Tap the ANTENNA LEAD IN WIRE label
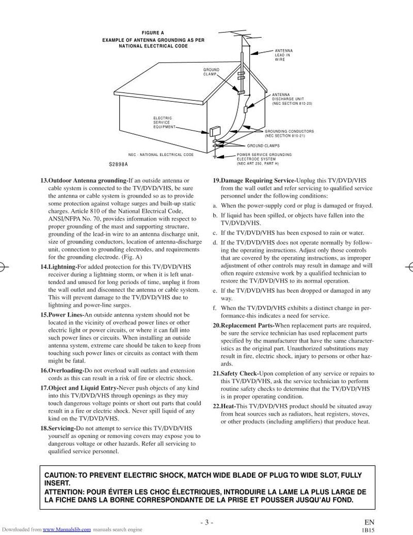283,55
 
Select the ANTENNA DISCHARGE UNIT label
292,99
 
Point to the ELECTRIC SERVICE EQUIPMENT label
164,122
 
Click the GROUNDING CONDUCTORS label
289,133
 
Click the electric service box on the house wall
214,131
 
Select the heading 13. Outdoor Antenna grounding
84,180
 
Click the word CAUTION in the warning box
59,475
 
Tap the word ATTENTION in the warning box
64,492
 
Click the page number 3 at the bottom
205,522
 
